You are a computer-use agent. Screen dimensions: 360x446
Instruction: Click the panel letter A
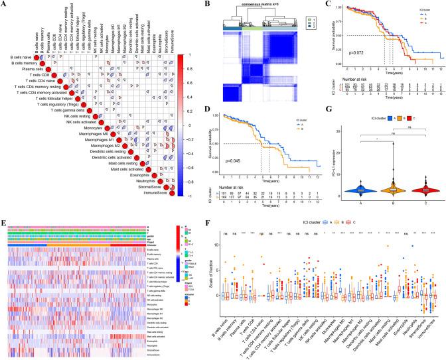(5, 4)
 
